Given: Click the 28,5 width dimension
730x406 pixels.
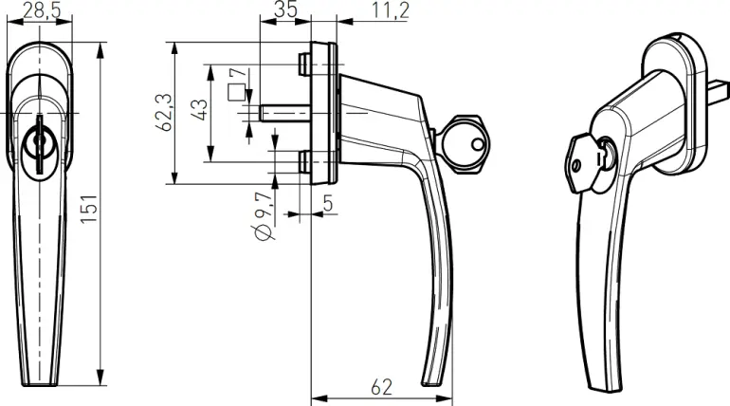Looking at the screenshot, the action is pos(42,9).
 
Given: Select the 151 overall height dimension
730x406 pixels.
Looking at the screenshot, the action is pos(88,209).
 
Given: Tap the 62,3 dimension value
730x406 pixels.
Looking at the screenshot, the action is pos(163,112).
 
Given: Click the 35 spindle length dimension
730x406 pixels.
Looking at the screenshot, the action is pos(285,9).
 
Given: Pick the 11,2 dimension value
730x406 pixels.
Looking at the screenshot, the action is pos(391,10).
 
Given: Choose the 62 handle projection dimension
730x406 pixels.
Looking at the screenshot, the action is pos(381,387).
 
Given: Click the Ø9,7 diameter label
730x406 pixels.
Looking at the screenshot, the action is pos(264,216).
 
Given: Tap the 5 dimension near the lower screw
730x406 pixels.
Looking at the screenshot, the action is pos(328,203).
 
